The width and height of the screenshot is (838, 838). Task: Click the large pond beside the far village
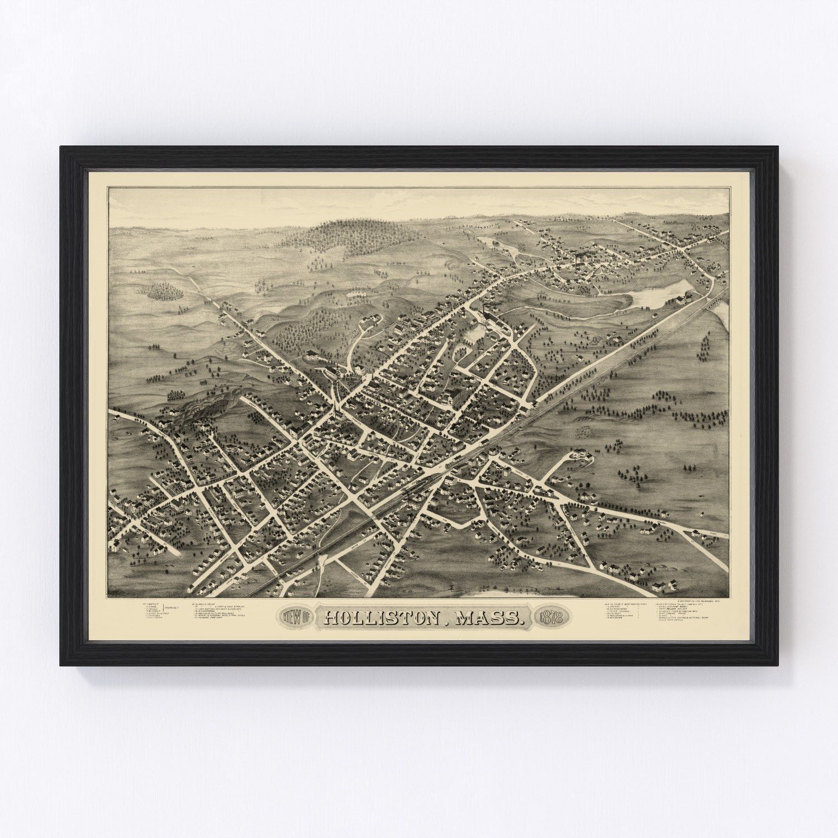[654, 296]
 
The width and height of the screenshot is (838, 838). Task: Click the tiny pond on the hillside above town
[355, 293]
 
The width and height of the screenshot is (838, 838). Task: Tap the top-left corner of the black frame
[61, 147]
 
